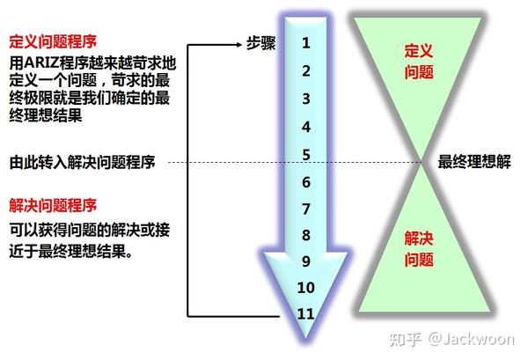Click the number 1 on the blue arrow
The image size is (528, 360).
(305, 41)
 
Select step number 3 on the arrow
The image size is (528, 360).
(305, 99)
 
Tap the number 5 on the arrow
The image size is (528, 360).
(305, 155)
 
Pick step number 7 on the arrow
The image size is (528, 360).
(305, 209)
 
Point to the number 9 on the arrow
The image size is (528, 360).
(305, 261)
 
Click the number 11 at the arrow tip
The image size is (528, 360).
(305, 312)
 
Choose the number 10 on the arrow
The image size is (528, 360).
(305, 287)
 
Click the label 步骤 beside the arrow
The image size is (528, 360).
(261, 42)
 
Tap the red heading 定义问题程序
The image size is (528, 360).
(52, 41)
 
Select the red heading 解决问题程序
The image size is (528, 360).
(52, 205)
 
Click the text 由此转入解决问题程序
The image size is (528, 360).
(82, 163)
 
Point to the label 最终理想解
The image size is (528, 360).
(473, 162)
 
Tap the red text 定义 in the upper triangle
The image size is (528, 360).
(419, 51)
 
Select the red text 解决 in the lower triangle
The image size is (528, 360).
(419, 239)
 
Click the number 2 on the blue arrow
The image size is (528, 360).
(305, 70)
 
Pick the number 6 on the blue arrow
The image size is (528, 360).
(305, 182)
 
